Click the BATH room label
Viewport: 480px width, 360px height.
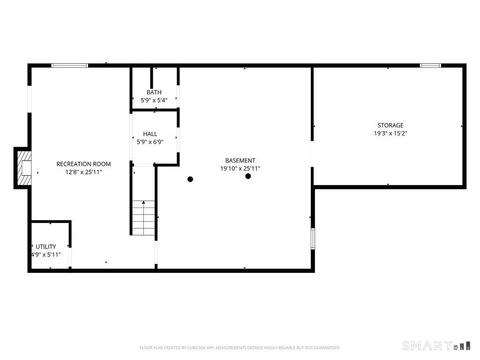(x=153, y=93)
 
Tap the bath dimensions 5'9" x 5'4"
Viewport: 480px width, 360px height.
(x=153, y=101)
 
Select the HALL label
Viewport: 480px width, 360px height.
(x=150, y=134)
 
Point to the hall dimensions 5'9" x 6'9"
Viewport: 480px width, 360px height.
(x=150, y=142)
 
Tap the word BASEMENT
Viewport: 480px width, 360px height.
(x=240, y=160)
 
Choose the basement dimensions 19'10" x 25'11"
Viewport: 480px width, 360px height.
(x=240, y=168)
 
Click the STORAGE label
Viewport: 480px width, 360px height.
(x=390, y=125)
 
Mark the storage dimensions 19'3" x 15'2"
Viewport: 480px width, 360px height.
(x=390, y=133)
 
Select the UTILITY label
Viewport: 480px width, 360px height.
(x=46, y=246)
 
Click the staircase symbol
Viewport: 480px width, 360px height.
(x=144, y=218)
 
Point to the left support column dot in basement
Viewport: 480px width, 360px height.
(x=190, y=179)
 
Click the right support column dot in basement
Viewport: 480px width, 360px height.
(x=247, y=177)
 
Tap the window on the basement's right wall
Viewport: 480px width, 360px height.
(x=313, y=238)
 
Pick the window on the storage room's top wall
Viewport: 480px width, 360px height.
(x=431, y=66)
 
